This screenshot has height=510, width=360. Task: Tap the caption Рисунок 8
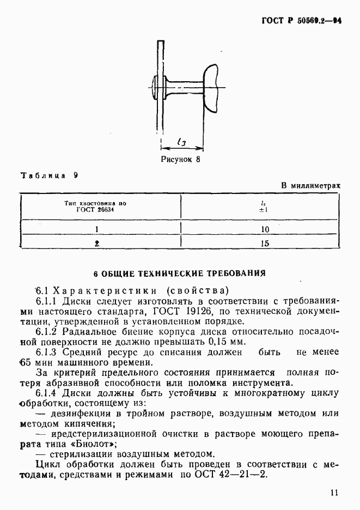tap(181, 160)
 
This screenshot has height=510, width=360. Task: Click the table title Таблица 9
tap(49, 175)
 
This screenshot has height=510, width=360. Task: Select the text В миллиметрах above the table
tap(310, 185)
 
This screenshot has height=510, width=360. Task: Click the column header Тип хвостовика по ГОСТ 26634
tap(95, 206)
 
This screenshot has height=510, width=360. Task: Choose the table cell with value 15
tap(265, 244)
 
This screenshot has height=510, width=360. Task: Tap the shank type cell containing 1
tap(96, 229)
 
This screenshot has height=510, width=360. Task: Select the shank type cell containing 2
tap(96, 244)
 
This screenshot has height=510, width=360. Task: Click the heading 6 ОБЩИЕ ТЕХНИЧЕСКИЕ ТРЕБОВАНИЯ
tap(179, 272)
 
